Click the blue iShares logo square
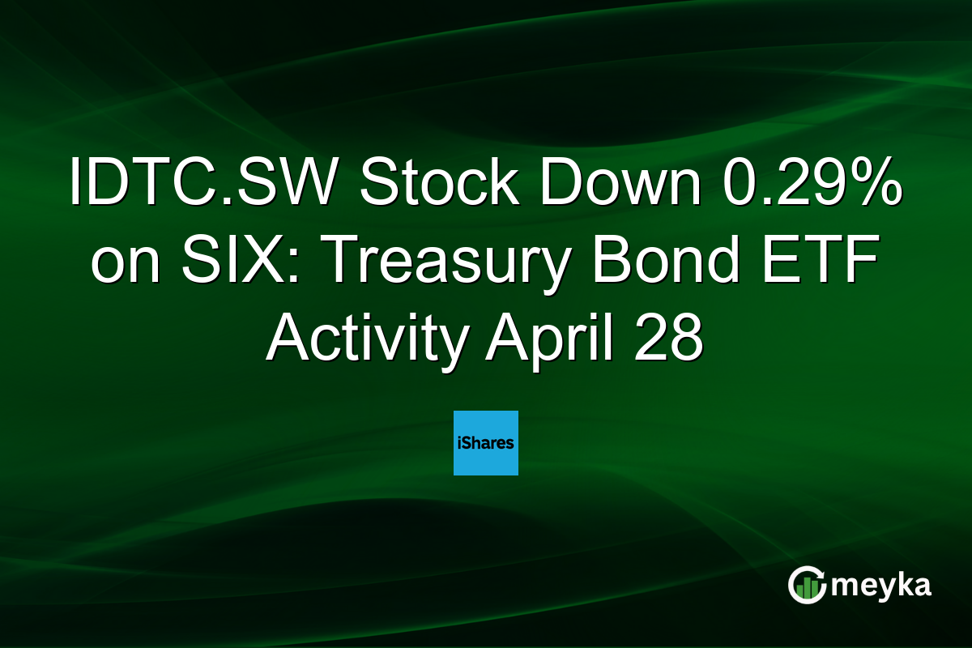click(x=485, y=442)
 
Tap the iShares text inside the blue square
click(x=485, y=443)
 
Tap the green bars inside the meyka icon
click(x=805, y=590)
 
